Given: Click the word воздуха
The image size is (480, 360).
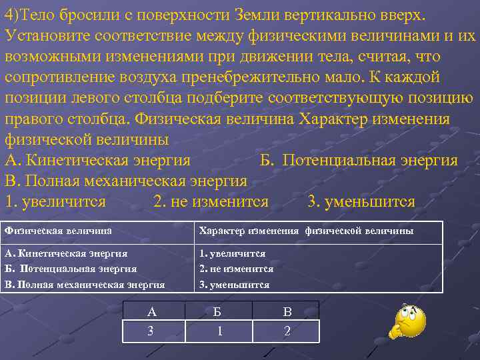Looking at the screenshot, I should tap(161, 77).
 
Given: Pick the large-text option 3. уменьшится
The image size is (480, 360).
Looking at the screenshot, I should tap(361, 201).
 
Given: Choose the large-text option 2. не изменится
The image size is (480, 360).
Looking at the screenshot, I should tap(211, 201).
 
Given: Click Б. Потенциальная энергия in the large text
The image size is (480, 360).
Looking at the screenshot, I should tap(359, 161).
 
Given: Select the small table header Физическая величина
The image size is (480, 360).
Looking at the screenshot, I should tap(58, 231).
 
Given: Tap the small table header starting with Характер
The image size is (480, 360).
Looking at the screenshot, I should tap(306, 231).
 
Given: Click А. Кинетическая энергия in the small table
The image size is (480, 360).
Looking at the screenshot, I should tap(66, 253).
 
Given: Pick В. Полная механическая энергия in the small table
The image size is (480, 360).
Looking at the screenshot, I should tap(85, 285).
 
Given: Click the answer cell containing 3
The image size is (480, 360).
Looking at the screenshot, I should tap(152, 331).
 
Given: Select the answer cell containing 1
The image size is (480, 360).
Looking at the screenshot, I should tap(219, 331).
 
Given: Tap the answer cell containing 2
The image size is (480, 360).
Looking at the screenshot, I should tap(287, 331).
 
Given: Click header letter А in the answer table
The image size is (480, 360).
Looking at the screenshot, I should tap(152, 311).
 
